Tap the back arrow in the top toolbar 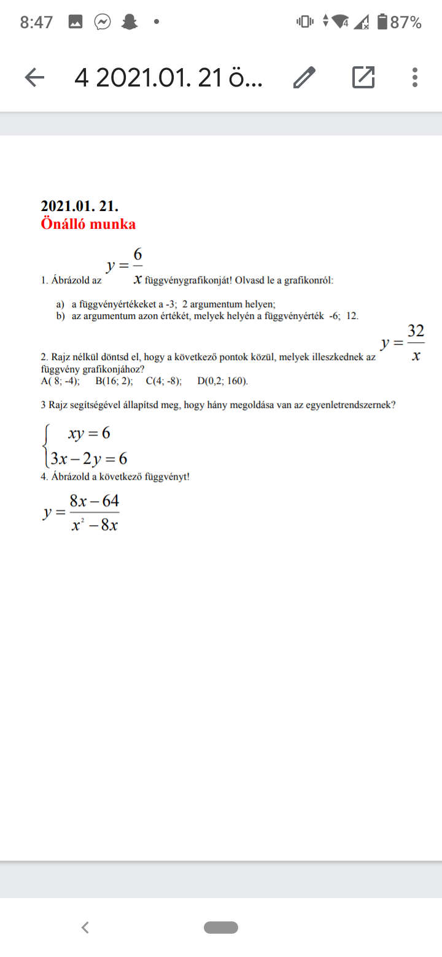[34, 77]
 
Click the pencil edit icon [304, 77]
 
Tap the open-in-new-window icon [363, 77]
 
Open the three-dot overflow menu [415, 77]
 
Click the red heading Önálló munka [88, 223]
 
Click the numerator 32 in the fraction [416, 331]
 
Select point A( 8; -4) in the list [60, 381]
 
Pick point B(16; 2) [114, 381]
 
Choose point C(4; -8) [164, 381]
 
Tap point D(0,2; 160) [223, 381]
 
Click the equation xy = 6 [89, 433]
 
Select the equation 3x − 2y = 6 [89, 458]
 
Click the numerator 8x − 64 [94, 501]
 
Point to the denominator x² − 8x [94, 525]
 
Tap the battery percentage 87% [406, 23]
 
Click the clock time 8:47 [36, 23]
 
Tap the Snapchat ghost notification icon [129, 23]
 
